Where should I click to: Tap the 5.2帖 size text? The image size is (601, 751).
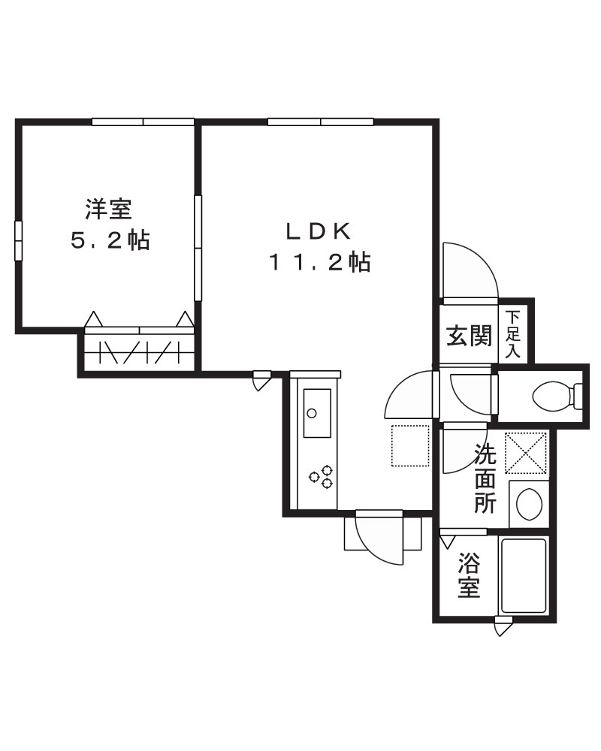[110, 241]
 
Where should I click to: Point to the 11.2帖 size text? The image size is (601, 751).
[320, 262]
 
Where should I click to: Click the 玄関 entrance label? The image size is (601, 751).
[470, 336]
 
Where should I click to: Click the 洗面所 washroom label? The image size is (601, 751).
[485, 478]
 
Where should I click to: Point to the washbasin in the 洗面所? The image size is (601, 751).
[530, 502]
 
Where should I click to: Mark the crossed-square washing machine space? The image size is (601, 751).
[526, 453]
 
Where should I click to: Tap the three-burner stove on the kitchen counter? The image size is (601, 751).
[322, 475]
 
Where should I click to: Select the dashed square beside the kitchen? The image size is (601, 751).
[409, 445]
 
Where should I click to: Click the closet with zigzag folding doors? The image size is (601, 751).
[140, 351]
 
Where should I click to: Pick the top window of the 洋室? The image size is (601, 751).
[143, 122]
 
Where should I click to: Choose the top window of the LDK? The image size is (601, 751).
[320, 122]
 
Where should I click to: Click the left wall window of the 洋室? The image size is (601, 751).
[19, 240]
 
